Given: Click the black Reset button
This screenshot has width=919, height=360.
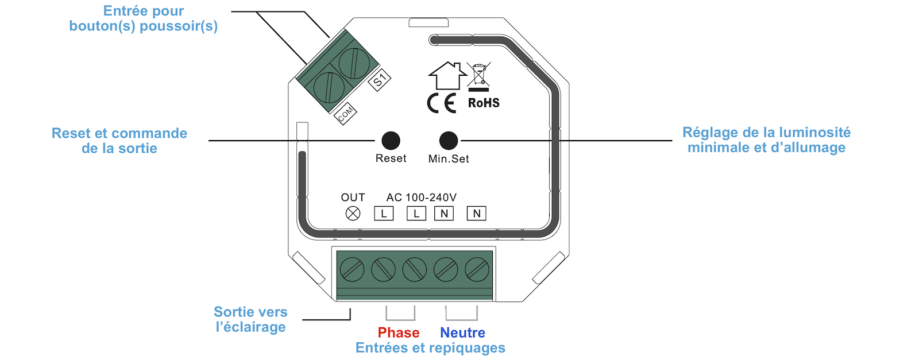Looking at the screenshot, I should pyautogui.click(x=391, y=140).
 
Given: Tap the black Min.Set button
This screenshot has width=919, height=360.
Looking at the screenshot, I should pyautogui.click(x=449, y=140).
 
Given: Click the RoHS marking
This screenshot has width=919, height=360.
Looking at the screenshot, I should pyautogui.click(x=484, y=103).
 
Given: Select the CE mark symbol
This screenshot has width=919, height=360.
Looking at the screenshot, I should pyautogui.click(x=442, y=103).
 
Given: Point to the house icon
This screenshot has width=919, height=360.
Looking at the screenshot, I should pyautogui.click(x=447, y=75).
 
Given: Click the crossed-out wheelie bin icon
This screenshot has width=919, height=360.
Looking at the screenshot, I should pyautogui.click(x=478, y=75).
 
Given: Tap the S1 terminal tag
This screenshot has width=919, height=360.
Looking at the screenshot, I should pyautogui.click(x=379, y=80).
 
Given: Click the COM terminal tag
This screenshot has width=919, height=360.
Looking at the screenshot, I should pyautogui.click(x=346, y=114).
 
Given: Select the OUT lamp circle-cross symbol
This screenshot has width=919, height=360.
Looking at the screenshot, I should pyautogui.click(x=353, y=214).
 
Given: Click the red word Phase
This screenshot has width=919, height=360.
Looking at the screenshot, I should pyautogui.click(x=398, y=332).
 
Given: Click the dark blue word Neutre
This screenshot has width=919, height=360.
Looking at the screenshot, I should pyautogui.click(x=462, y=332).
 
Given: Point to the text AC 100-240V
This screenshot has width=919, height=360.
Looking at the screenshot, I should pyautogui.click(x=421, y=198).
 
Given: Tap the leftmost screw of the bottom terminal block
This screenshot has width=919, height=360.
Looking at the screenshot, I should pyautogui.click(x=352, y=269).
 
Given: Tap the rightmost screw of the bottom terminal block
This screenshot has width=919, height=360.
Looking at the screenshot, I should pyautogui.click(x=477, y=269).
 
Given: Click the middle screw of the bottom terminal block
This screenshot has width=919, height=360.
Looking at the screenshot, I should pyautogui.click(x=415, y=269).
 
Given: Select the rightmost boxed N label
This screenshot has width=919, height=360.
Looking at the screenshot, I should pyautogui.click(x=476, y=214).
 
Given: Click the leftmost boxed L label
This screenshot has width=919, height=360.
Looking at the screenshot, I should pyautogui.click(x=384, y=214).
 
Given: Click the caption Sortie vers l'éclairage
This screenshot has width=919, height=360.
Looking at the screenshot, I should pyautogui.click(x=250, y=319).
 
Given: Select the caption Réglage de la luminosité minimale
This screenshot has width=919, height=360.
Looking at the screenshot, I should pyautogui.click(x=766, y=140).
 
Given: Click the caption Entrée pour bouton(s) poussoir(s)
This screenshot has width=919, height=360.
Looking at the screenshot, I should pyautogui.click(x=144, y=18).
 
